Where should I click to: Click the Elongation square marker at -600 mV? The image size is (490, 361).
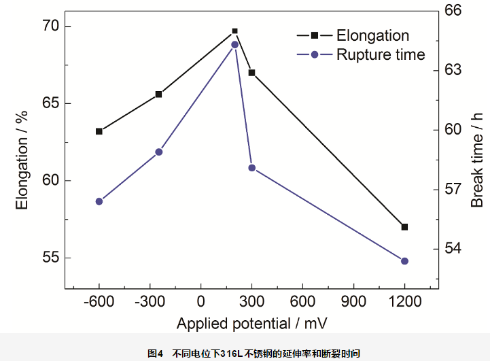point(99,131)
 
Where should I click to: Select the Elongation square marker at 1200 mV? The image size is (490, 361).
point(404,226)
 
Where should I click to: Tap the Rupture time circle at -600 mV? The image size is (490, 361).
point(99,201)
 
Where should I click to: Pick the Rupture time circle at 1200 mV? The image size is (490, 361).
point(404,261)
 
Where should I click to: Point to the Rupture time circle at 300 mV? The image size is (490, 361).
point(251,168)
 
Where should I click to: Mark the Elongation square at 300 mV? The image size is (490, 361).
point(251,73)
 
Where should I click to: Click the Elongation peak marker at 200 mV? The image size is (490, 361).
point(235,31)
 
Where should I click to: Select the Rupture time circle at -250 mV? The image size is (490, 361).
point(159,152)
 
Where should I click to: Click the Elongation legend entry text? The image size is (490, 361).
point(372,35)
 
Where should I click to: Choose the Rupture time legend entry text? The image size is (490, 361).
point(381,54)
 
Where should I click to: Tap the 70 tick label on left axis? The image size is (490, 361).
point(50,27)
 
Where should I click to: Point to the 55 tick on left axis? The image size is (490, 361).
point(50,258)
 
